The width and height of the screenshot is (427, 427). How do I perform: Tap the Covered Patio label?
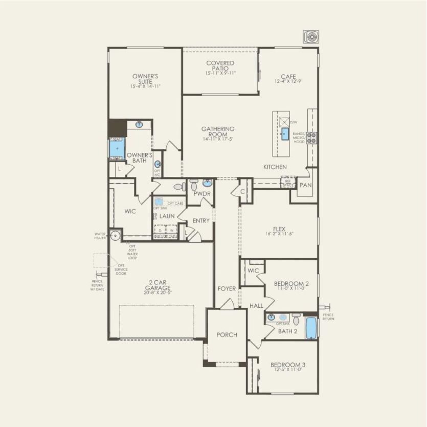220,65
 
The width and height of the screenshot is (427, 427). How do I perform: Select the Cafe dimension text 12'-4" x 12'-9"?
288,82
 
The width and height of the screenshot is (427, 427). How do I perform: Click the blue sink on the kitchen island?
284,134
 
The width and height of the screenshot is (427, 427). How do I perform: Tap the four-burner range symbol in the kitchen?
311,137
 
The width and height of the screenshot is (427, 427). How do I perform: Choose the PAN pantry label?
305,185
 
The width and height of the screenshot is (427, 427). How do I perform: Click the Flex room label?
279,229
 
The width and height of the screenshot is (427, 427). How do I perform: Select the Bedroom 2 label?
291,283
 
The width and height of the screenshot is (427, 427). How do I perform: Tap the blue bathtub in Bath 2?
311,328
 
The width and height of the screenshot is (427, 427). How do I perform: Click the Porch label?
227,335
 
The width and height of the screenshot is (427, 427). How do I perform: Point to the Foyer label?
227,288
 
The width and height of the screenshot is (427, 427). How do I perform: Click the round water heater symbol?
115,236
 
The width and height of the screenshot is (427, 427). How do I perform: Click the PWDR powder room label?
199,194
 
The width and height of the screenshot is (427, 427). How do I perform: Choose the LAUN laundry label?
167,216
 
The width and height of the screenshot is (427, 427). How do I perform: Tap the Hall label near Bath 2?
256,305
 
